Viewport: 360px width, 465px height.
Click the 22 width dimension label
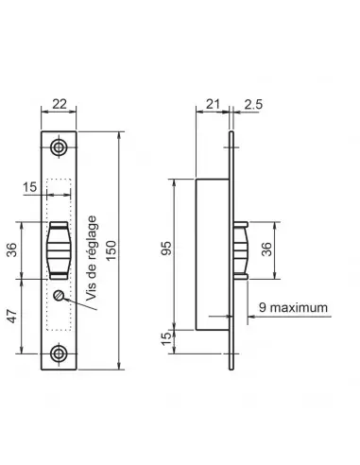coord(60,104)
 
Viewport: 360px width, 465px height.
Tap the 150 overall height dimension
coord(111,250)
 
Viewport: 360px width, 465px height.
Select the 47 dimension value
coord(12,316)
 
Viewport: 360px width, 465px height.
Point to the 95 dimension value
coord(166,249)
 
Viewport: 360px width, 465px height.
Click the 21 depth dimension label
coord(213,104)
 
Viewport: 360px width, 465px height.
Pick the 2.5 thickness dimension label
coord(253,104)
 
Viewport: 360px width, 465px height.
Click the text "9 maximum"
coord(293,307)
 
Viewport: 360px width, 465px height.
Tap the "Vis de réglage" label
coord(92,258)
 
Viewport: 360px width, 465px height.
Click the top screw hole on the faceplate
coord(59,147)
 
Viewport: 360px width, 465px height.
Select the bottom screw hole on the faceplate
coord(59,353)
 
